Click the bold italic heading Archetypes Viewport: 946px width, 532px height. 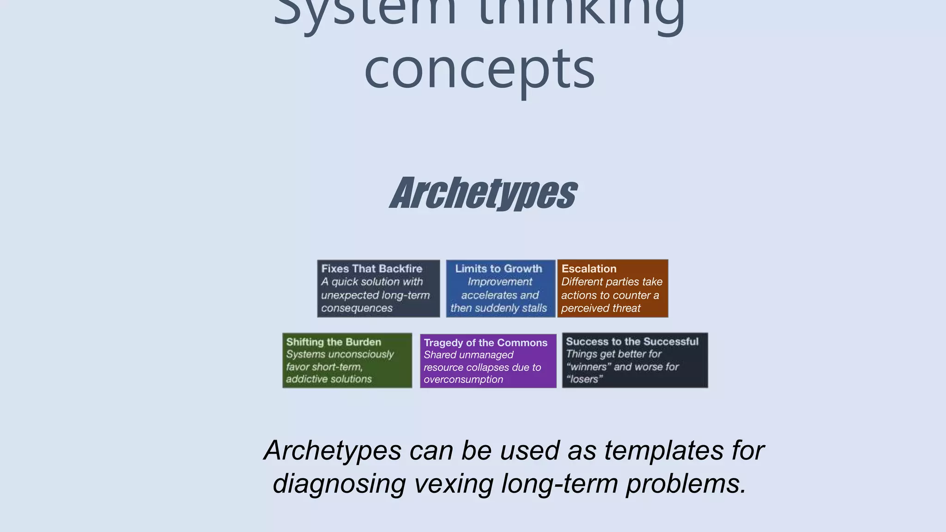coord(483,193)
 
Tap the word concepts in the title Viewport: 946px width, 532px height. coord(479,69)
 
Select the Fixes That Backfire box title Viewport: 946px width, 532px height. coord(372,269)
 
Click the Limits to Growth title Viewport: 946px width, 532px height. coord(498,269)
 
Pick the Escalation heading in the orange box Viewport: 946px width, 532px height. coord(589,269)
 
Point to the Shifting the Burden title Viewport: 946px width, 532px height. coord(334,342)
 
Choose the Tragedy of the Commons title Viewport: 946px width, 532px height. coord(485,343)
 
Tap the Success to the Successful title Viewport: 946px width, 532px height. coord(632,342)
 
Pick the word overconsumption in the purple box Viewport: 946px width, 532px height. coord(463,380)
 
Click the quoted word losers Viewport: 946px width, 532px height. coord(584,380)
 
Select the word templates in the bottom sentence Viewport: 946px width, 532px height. coord(664,450)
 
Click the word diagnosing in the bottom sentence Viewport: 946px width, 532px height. coord(339,484)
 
